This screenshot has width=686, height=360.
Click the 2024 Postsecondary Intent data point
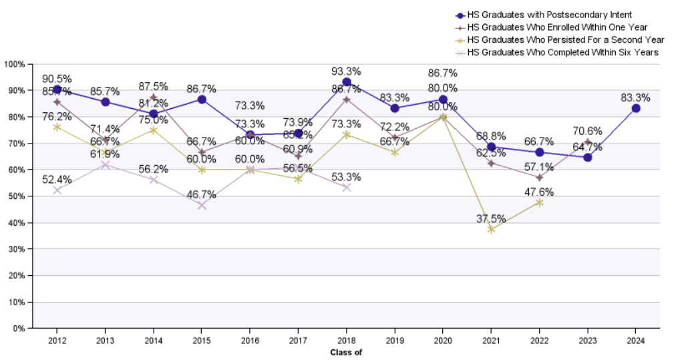[636, 108]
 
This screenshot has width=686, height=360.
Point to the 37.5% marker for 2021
[491, 229]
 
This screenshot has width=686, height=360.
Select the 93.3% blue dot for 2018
[346, 82]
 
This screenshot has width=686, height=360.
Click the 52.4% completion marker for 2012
[57, 190]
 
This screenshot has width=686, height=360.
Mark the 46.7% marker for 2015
[202, 205]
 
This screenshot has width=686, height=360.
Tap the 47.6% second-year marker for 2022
[539, 202]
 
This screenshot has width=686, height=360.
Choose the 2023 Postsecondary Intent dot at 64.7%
[587, 158]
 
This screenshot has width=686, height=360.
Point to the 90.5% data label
[57, 78]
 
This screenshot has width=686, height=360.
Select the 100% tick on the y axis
[14, 64]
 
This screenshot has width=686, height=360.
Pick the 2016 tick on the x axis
[250, 339]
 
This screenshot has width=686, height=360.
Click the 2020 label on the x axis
[443, 339]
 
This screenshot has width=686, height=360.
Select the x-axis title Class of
[346, 352]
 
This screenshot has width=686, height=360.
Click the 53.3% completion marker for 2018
[346, 188]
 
